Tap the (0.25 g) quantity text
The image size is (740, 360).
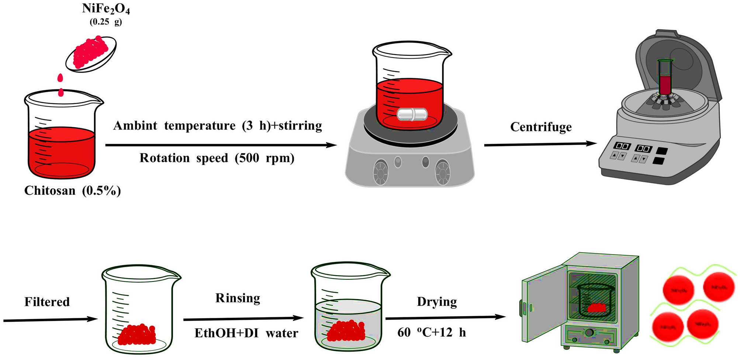point(106,22)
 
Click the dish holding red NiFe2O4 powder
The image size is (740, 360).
point(91,53)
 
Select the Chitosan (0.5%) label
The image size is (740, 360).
point(73,191)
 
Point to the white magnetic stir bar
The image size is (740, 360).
point(412,114)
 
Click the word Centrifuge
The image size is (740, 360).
point(541,127)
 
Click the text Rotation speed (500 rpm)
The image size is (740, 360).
point(217,158)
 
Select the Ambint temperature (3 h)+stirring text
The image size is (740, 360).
point(218,126)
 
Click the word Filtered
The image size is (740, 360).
point(47,302)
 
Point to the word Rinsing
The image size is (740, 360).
point(238,298)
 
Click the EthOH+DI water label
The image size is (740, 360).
point(246,333)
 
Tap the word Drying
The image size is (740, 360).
point(437,302)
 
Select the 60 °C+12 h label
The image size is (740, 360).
point(432,333)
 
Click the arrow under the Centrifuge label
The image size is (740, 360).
point(540,144)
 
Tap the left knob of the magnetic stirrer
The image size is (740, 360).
point(381,172)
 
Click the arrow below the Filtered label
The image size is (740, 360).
point(50,320)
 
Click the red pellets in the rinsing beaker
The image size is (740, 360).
point(346,331)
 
